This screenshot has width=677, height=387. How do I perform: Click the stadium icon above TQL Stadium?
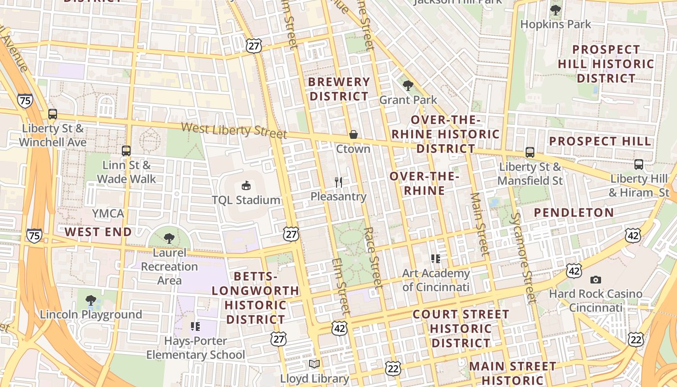click(246, 185)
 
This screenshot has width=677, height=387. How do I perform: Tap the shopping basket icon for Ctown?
click(353, 134)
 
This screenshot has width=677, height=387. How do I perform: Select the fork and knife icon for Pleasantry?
click(338, 182)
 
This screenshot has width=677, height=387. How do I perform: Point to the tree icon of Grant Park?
click(408, 86)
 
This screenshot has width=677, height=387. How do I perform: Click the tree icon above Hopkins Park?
click(556, 10)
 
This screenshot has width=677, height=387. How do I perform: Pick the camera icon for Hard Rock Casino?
click(596, 280)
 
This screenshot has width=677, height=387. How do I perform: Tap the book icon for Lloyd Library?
click(314, 364)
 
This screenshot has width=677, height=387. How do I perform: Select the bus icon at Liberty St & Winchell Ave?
click(53, 114)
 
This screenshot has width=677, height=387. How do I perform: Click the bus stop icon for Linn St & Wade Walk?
click(126, 151)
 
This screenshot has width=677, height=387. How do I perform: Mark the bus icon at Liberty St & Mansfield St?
click(530, 152)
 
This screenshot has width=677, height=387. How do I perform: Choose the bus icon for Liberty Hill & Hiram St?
click(639, 164)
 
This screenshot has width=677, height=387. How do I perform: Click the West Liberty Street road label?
click(234, 130)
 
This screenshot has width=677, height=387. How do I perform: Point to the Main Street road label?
click(479, 223)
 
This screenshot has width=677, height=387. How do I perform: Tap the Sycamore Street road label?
click(522, 258)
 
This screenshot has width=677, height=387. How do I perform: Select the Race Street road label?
click(373, 257)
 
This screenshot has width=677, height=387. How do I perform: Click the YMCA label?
click(108, 213)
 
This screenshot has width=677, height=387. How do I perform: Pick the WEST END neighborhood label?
click(98, 232)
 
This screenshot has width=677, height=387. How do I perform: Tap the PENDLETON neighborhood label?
click(574, 212)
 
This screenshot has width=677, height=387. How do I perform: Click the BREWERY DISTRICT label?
click(339, 89)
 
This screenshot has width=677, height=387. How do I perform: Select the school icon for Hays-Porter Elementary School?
click(195, 327)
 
